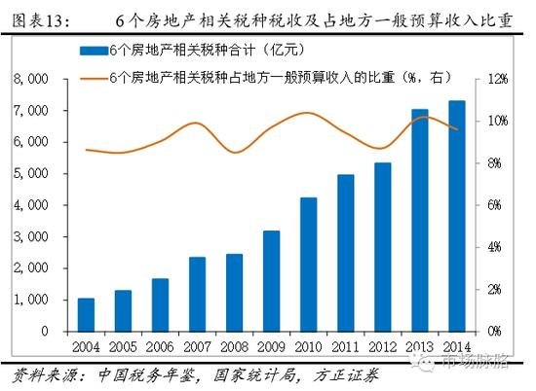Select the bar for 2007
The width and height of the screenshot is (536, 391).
click(x=197, y=295)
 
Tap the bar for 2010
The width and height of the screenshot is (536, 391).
click(x=308, y=265)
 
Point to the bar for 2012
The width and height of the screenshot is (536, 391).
click(x=382, y=247)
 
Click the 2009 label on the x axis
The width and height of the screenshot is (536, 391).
click(x=271, y=346)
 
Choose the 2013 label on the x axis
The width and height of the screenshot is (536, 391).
click(x=419, y=346)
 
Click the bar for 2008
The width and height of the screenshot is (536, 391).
click(x=234, y=293)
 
